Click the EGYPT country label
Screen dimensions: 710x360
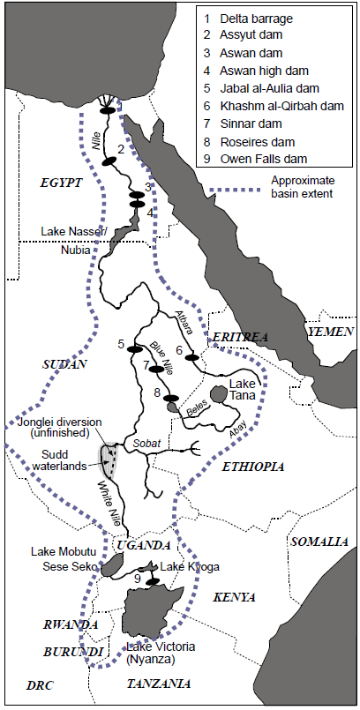[61, 183]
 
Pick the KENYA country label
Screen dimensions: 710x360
[234, 597]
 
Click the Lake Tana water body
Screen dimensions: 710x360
[220, 392]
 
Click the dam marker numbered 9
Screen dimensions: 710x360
[153, 582]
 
